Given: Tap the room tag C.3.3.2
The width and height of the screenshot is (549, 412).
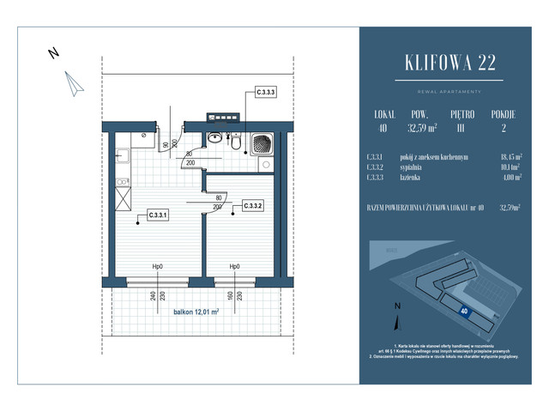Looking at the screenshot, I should point(253,205).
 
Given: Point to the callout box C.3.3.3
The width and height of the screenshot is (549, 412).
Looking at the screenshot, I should point(266,91).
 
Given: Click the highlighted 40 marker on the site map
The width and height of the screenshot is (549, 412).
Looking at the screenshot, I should point(464,311).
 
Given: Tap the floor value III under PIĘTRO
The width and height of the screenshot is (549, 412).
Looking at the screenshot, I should point(463,128).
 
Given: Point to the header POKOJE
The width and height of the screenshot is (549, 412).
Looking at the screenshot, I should point(503,112).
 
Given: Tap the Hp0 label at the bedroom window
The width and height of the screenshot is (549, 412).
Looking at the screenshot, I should point(234,267).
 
